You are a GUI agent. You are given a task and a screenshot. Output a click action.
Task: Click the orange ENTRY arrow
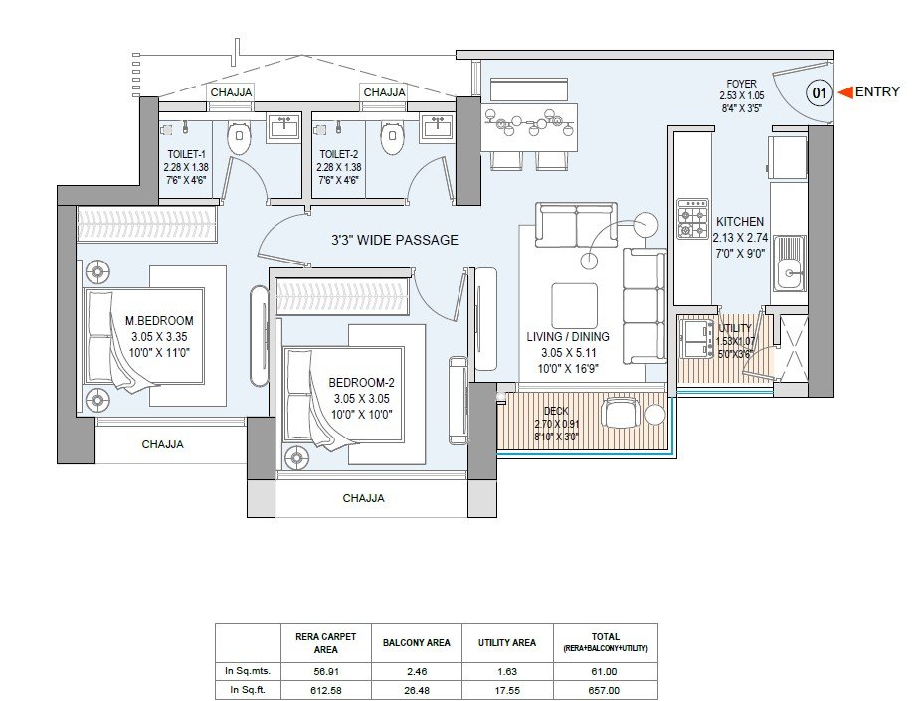pos(845,91)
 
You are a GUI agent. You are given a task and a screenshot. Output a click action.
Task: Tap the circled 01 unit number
pos(820,92)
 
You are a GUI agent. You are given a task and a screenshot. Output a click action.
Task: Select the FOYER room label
pos(741,84)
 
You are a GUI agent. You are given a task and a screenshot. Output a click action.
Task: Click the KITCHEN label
pos(740,222)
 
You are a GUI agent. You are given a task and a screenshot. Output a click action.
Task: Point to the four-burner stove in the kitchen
pos(692,219)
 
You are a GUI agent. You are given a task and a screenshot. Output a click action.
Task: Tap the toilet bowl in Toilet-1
pos(238,138)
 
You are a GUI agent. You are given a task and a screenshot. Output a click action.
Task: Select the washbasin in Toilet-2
pos(437,126)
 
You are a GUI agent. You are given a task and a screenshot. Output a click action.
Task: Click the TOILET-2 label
pos(338,154)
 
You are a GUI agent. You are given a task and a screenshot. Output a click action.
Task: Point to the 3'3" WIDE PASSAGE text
pos(395,240)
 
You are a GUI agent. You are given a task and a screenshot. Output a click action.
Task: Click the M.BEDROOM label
pos(159,320)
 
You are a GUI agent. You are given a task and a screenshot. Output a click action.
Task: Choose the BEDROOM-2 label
pos(361,383)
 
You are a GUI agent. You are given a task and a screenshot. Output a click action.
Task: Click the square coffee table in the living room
pos(574,306)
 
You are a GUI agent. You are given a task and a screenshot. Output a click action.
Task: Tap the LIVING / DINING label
pos(568,337)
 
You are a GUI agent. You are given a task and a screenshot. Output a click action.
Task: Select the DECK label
pos(556,411)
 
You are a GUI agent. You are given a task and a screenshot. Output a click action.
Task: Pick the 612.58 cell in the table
pos(326,690)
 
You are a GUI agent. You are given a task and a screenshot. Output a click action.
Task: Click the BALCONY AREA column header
pos(417,643)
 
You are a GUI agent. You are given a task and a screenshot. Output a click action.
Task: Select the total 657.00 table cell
pos(606,690)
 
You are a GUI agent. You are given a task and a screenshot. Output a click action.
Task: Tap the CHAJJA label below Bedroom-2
pos(363,498)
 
